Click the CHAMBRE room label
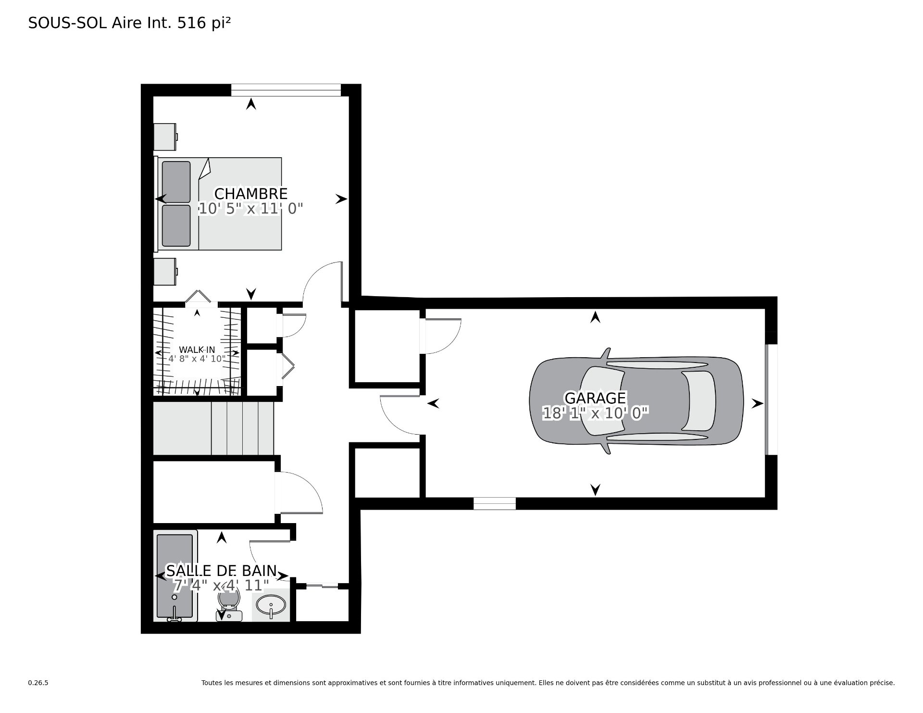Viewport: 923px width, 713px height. pyautogui.click(x=250, y=194)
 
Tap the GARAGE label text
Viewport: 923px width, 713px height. pyautogui.click(x=595, y=398)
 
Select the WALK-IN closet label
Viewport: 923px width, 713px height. pyautogui.click(x=197, y=350)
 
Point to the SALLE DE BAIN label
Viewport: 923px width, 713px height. pyautogui.click(x=221, y=571)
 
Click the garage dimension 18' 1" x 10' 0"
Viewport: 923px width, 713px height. pyautogui.click(x=596, y=413)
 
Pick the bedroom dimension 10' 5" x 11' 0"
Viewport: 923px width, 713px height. pyautogui.click(x=251, y=209)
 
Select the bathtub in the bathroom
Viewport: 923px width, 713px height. pyautogui.click(x=176, y=576)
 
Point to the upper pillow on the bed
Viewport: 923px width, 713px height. pyautogui.click(x=176, y=182)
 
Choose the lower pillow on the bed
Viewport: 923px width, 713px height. pyautogui.click(x=176, y=225)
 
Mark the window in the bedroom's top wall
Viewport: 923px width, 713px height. pyautogui.click(x=286, y=90)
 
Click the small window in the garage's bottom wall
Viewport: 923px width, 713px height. pyautogui.click(x=495, y=503)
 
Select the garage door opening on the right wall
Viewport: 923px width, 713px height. pyautogui.click(x=771, y=400)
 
